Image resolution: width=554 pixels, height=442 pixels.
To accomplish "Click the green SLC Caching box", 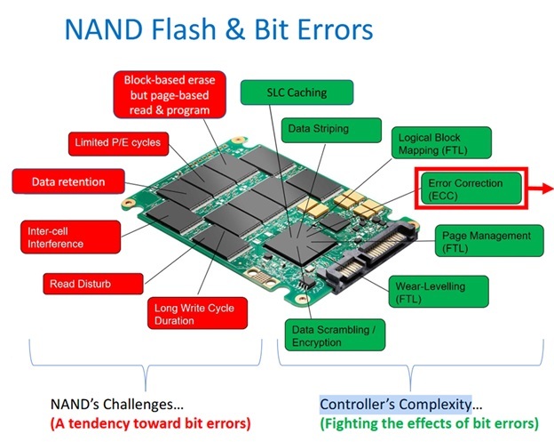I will coord(297,92).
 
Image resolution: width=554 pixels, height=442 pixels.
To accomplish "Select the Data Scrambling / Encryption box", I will coord(333,336).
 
